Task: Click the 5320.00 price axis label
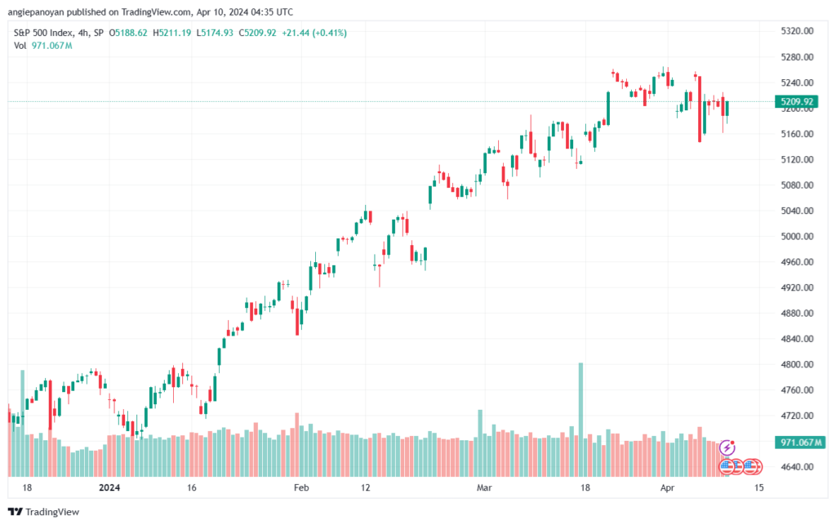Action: [797, 31]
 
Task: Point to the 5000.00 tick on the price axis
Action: [797, 236]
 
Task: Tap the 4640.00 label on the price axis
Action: [797, 466]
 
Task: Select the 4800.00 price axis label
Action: [797, 364]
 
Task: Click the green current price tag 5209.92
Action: [797, 101]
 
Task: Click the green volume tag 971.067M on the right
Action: [800, 443]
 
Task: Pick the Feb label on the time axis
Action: [301, 487]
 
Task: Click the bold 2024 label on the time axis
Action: [109, 487]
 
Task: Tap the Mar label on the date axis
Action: [484, 487]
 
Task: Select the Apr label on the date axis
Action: [667, 487]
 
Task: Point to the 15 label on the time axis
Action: [758, 487]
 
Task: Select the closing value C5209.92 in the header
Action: [257, 33]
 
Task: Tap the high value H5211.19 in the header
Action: [171, 33]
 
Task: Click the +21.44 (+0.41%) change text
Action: [314, 33]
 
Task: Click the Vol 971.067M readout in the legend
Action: [42, 45]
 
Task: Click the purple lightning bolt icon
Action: [727, 447]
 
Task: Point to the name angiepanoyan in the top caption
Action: [36, 11]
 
